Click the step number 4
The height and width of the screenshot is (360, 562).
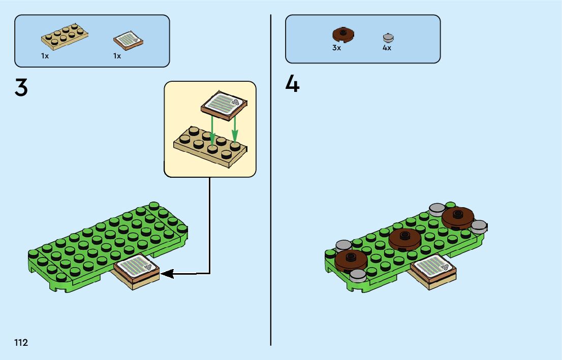coord(292,84)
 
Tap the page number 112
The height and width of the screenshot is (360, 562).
coord(21,343)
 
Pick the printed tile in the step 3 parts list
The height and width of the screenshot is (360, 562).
coord(128,40)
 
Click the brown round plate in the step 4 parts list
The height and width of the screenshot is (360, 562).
coord(343,35)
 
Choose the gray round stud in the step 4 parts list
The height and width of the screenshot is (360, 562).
coord(388,38)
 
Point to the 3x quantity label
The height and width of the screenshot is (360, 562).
coord(336,48)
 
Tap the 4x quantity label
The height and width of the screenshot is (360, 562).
coord(387,48)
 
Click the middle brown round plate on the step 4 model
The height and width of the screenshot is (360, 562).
coord(404,238)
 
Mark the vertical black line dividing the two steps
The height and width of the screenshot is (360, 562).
coord(270,203)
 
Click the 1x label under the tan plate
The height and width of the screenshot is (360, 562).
coord(45,56)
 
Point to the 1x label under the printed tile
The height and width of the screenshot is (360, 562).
coord(117,56)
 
